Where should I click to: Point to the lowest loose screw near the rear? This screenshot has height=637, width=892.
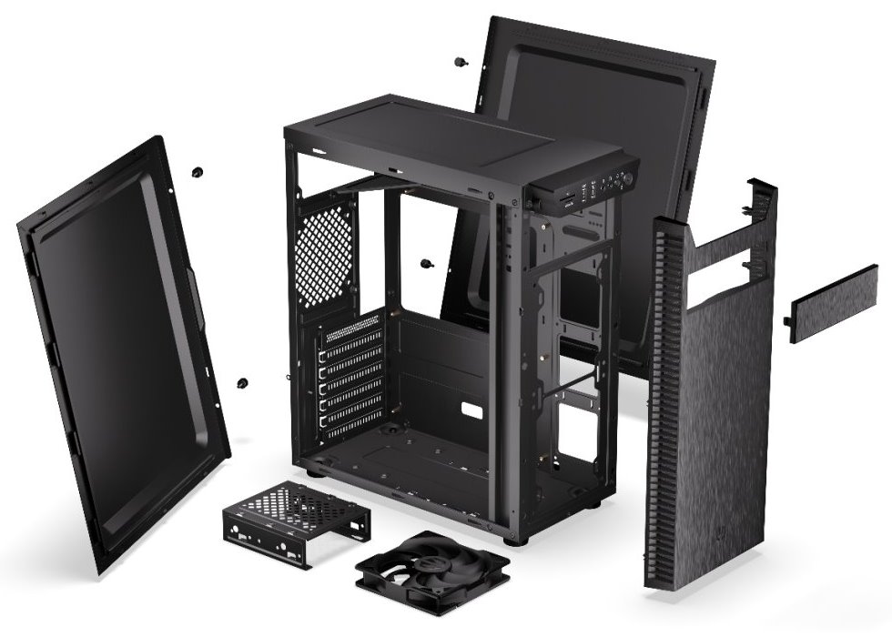pyautogui.click(x=243, y=384)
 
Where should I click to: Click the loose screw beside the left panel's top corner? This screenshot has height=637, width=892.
pyautogui.click(x=198, y=171)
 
